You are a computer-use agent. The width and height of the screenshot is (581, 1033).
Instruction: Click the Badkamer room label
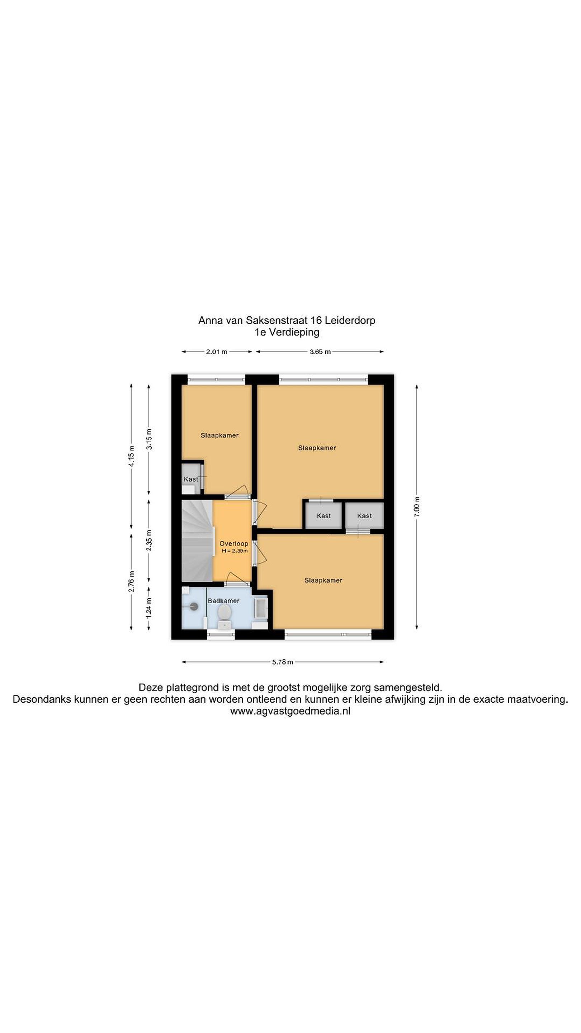pyautogui.click(x=223, y=601)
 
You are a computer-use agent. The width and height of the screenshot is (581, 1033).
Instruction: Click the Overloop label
pyautogui.click(x=234, y=544)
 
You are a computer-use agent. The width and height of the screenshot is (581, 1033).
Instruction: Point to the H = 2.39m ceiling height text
pyautogui.click(x=235, y=551)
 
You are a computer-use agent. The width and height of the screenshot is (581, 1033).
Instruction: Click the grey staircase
pyautogui.click(x=197, y=541)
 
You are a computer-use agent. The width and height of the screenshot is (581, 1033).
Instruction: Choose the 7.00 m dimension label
pyautogui.click(x=417, y=506)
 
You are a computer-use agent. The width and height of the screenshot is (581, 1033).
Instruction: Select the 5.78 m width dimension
pyautogui.click(x=283, y=662)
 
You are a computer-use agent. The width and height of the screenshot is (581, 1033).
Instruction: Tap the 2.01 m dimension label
pyautogui.click(x=217, y=352)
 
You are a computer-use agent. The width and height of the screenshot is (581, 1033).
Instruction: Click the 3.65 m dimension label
pyautogui.click(x=320, y=352)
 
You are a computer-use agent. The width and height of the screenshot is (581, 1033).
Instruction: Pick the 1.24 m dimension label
pyautogui.click(x=149, y=608)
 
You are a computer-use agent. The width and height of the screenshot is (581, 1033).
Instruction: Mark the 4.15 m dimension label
pyautogui.click(x=132, y=456)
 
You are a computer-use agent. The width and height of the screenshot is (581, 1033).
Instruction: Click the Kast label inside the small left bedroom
pyautogui.click(x=191, y=479)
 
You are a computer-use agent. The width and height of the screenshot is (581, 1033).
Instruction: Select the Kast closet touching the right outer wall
pyautogui.click(x=364, y=516)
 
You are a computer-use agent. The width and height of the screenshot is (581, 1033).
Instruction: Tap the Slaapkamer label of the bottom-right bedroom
pyautogui.click(x=323, y=580)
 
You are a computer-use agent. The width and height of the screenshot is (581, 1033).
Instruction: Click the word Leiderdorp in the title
pyautogui.click(x=350, y=320)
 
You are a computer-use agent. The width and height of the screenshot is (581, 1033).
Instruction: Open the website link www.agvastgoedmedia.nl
pyautogui.click(x=290, y=711)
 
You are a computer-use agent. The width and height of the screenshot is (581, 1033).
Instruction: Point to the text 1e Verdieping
pyautogui.click(x=287, y=332)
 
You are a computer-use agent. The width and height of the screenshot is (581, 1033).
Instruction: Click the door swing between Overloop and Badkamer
pyautogui.click(x=238, y=577)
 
